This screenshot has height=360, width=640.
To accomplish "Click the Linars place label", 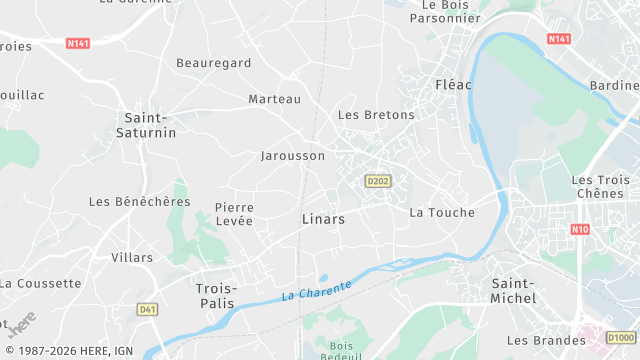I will (x=323, y=218).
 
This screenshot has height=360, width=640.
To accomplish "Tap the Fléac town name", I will (x=453, y=84).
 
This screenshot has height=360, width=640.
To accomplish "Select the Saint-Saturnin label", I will (x=146, y=125).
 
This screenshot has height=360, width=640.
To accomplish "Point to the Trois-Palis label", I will (x=215, y=294).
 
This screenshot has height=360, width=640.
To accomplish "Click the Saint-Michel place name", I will (x=514, y=291).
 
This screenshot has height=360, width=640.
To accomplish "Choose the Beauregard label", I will (x=213, y=63).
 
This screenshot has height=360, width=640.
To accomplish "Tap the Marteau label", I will (x=274, y=99).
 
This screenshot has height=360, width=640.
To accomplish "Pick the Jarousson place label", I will (x=293, y=156).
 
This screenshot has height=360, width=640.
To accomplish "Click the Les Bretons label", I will (x=376, y=115).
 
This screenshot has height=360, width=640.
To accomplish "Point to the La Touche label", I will (x=442, y=212).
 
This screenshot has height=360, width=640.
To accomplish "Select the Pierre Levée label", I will (x=234, y=214).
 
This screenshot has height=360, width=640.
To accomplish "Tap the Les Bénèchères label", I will (x=139, y=201).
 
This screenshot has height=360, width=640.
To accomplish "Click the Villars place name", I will (x=132, y=257).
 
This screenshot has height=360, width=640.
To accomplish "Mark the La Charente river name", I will (x=316, y=291).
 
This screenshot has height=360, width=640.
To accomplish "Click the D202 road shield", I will (x=377, y=181).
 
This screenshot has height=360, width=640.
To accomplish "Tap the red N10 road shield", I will (x=579, y=229).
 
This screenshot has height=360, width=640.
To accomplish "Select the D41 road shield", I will (x=148, y=309).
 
